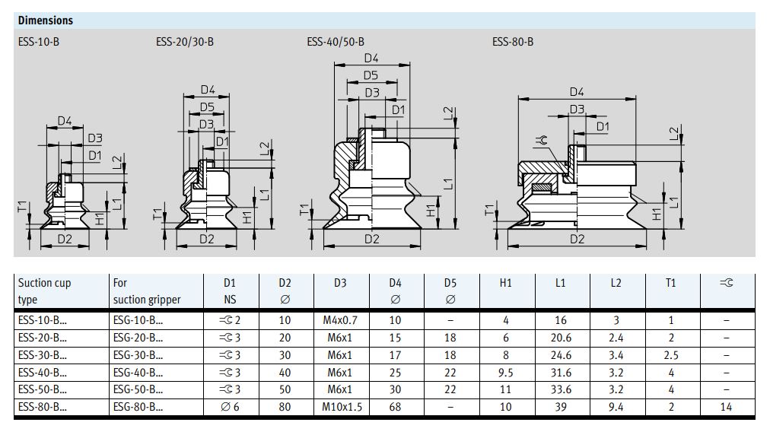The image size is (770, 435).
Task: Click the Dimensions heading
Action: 46,21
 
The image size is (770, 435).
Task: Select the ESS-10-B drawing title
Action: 38,42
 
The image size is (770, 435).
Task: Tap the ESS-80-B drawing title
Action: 513,42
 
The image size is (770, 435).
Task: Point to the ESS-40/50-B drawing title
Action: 336,42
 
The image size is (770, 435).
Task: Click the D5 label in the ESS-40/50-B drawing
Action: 371,75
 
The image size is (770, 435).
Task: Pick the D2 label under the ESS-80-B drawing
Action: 577,239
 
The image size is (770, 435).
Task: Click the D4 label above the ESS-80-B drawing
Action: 577,92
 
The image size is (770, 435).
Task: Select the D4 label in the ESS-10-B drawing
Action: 64,121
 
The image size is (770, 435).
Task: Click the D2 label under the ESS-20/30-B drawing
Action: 207,239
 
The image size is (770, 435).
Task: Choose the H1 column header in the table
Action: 506,283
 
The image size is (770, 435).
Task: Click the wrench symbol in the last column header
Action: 726,283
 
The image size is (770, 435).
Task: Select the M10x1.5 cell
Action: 340,407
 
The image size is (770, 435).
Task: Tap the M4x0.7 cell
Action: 340,320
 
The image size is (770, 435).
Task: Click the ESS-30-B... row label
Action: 42,355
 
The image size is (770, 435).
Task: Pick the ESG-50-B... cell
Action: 137,389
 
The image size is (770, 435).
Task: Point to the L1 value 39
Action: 561,407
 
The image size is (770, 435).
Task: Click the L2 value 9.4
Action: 616,407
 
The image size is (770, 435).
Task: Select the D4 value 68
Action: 395,407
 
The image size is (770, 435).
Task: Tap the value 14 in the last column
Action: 726,407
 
